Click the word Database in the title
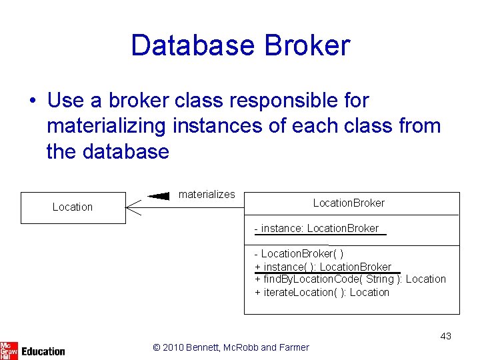(193, 45)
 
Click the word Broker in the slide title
(307, 45)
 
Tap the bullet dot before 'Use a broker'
(31, 101)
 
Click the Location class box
(73, 207)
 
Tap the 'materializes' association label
(207, 195)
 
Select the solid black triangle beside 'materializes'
(159, 196)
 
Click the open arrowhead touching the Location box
(134, 208)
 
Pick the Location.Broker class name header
(349, 203)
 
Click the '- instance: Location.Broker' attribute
(317, 229)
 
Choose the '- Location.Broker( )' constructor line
(299, 254)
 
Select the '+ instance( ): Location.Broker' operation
(323, 267)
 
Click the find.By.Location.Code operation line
(350, 279)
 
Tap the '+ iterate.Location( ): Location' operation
(322, 292)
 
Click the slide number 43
(445, 336)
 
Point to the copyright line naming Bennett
(231, 347)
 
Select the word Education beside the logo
(43, 351)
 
